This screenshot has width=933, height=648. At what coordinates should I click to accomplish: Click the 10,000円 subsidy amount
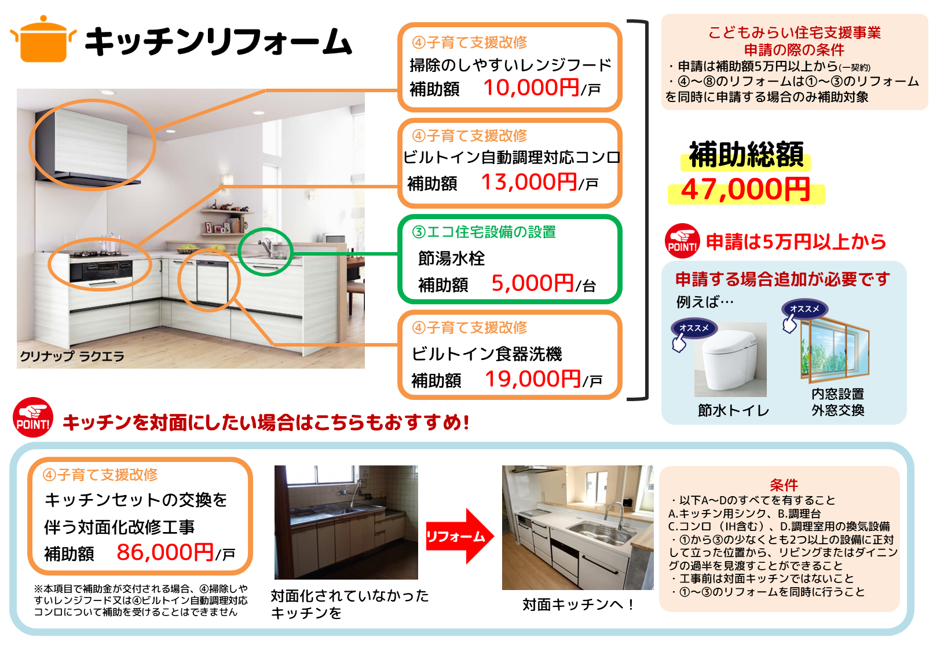point(531,88)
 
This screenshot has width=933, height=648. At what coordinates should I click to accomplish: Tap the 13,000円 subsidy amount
point(529,182)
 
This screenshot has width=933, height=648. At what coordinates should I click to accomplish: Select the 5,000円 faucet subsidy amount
point(533,283)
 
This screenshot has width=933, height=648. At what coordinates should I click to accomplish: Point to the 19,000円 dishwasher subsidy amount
point(533,379)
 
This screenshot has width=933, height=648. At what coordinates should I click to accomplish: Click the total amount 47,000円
point(745,190)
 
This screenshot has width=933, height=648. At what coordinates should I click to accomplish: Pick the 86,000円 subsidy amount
point(166,552)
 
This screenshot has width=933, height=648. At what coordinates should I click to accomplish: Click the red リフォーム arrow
point(460,536)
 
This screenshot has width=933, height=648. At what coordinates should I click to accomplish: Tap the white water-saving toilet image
point(730,359)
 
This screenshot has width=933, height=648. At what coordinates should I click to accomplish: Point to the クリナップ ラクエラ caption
point(72,356)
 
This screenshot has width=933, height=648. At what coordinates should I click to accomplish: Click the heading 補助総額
point(746,155)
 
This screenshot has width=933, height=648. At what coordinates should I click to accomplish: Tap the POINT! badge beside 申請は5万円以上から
point(682,241)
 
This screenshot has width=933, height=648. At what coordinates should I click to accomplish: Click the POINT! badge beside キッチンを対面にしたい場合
point(33,417)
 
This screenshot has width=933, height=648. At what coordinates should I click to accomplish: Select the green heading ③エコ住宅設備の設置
point(484,232)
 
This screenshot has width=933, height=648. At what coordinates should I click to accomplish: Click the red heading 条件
point(784,485)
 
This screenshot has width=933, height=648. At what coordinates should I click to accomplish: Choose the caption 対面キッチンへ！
point(578,605)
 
